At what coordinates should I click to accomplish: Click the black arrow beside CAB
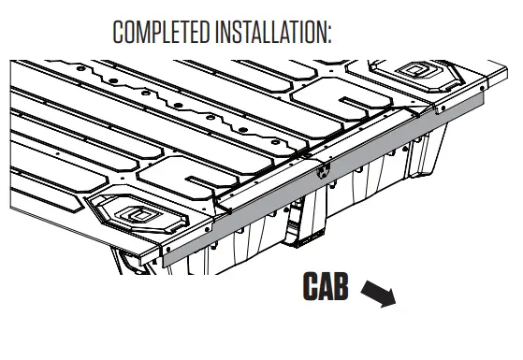pos(380,294)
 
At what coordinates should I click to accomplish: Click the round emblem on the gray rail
pos(323,169)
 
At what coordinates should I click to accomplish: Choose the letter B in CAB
pos(341,287)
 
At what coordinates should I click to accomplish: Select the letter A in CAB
pos(325,287)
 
